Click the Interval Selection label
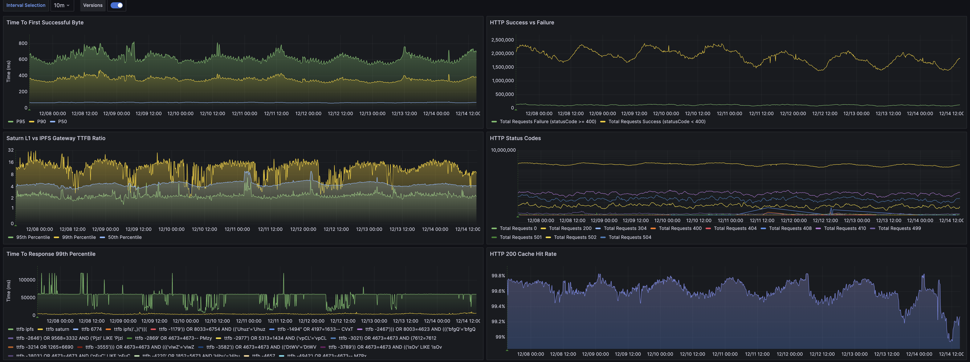point(26,5)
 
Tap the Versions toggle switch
point(117,5)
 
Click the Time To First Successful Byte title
point(45,23)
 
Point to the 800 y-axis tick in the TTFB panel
point(23,43)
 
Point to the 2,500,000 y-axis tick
point(502,40)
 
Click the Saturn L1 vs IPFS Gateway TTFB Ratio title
point(56,138)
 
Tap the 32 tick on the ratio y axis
point(11,150)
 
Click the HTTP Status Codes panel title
point(515,138)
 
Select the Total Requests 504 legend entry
point(630,237)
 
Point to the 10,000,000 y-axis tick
point(503,150)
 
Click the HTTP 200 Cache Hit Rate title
point(523,254)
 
